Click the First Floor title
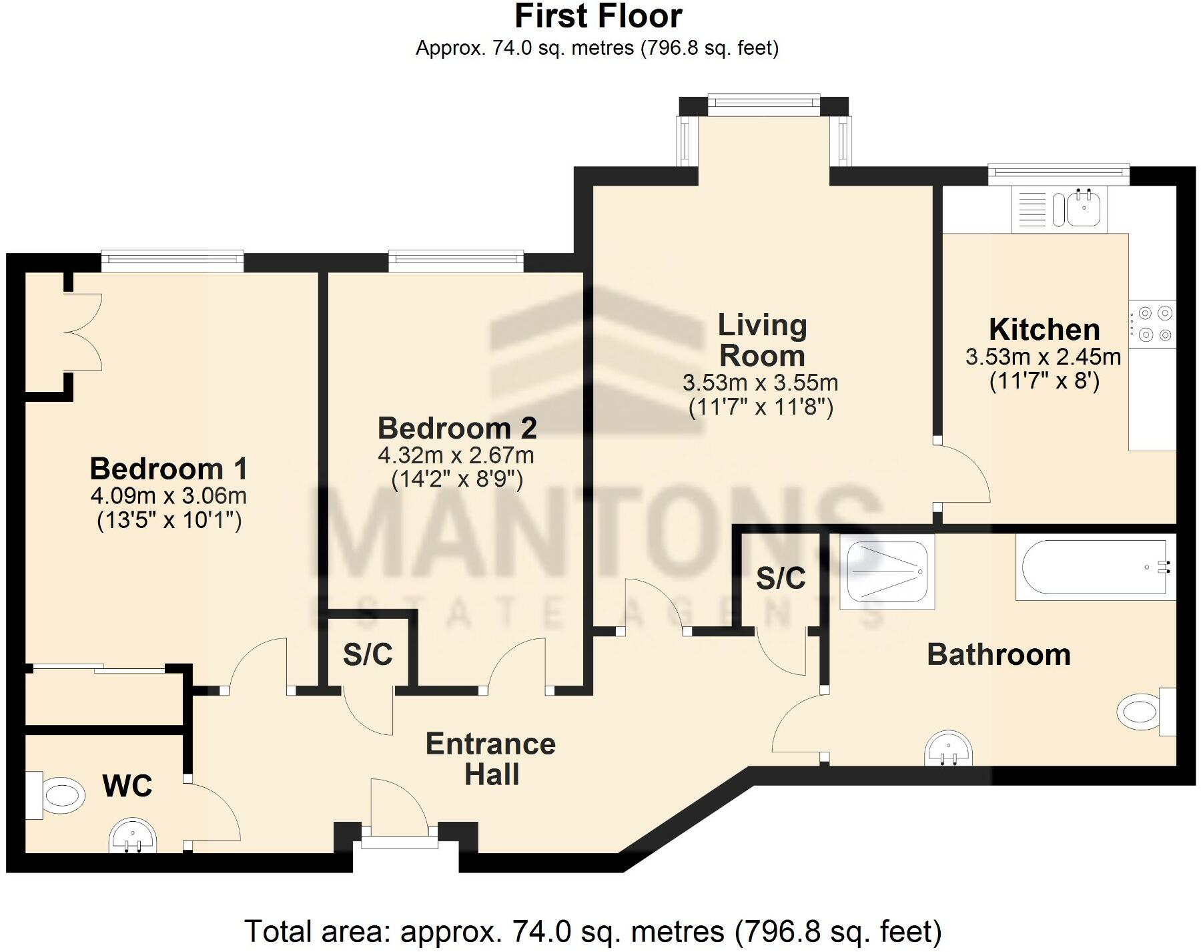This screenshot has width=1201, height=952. [598, 16]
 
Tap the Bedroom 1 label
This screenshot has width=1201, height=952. [168, 469]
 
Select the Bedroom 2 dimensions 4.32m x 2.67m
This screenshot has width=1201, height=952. [456, 455]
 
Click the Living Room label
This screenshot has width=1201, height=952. [762, 340]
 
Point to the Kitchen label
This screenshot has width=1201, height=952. [1044, 330]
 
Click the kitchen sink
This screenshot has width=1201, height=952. [1084, 207]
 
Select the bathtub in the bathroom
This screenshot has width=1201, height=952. [1094, 567]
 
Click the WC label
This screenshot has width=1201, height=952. [127, 786]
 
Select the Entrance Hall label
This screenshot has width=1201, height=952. [490, 759]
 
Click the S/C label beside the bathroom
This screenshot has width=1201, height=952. [781, 578]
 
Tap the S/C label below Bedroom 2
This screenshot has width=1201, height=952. [367, 655]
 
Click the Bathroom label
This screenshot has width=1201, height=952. [998, 654]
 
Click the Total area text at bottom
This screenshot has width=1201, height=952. [592, 931]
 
